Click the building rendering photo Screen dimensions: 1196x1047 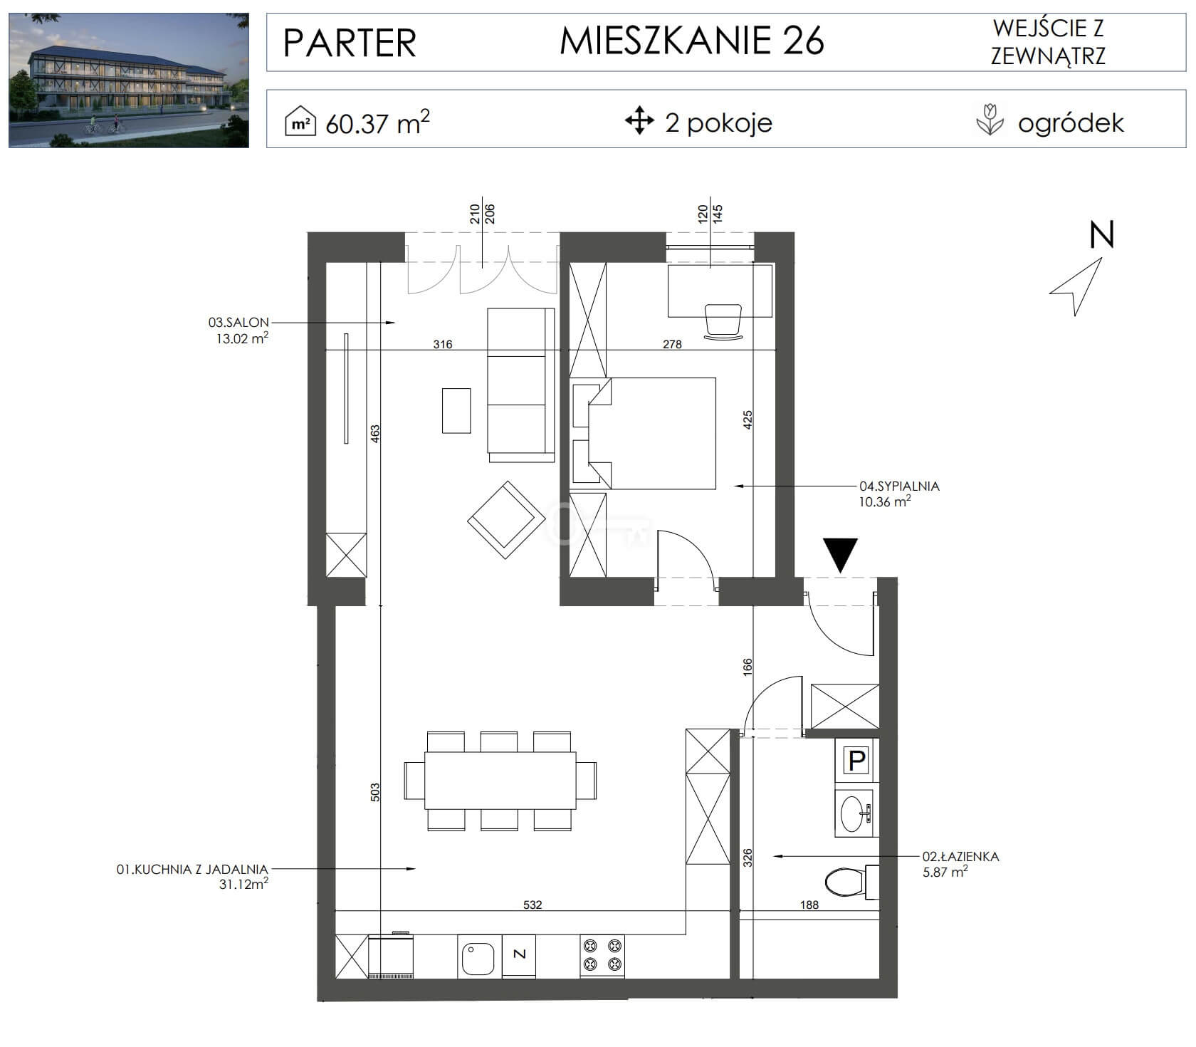point(129,80)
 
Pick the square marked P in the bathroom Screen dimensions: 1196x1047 point(856,761)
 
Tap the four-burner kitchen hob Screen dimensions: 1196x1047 point(602,955)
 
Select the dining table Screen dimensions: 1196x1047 point(500,781)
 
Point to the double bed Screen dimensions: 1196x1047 point(644,433)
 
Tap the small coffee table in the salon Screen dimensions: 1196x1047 point(456,410)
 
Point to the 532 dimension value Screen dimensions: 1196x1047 point(533,905)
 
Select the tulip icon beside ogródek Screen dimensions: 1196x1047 point(990,120)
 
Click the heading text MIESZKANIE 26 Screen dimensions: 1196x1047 point(692,41)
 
